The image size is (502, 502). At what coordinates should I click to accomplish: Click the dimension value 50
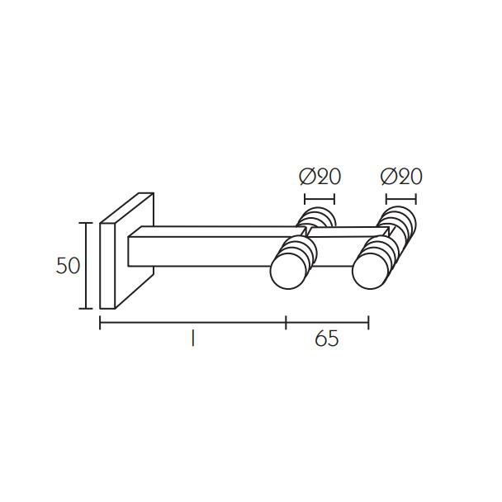click(x=68, y=266)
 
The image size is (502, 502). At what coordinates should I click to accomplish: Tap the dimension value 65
click(x=327, y=339)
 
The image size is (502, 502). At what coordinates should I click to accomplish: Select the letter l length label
click(x=192, y=339)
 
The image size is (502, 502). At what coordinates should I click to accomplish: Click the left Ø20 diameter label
click(x=320, y=177)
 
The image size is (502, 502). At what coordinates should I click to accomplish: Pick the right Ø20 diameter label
click(x=401, y=177)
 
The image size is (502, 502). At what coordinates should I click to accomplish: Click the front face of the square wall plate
click(x=107, y=266)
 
